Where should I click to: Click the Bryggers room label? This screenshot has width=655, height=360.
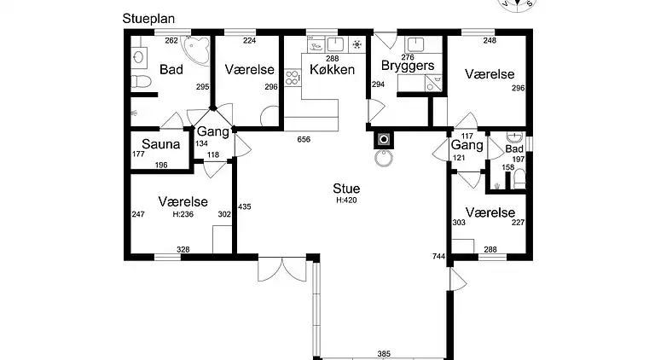coord(408,66)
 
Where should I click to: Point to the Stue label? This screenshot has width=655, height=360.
coord(346,189)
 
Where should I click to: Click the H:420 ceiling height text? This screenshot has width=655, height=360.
coord(346,200)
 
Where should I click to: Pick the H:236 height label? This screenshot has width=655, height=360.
coord(183,215)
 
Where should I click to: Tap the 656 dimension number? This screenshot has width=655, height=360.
coord(303,139)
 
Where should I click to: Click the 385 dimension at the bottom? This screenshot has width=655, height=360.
coord(383,353)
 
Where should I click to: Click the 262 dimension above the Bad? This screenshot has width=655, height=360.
coord(171,39)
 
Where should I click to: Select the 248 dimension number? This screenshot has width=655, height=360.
coord(489,39)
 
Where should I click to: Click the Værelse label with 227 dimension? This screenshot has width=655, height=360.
coord(490,212)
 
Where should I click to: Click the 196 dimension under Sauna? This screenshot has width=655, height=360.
coord(161,165)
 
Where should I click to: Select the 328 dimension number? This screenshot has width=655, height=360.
coord(183,249)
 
